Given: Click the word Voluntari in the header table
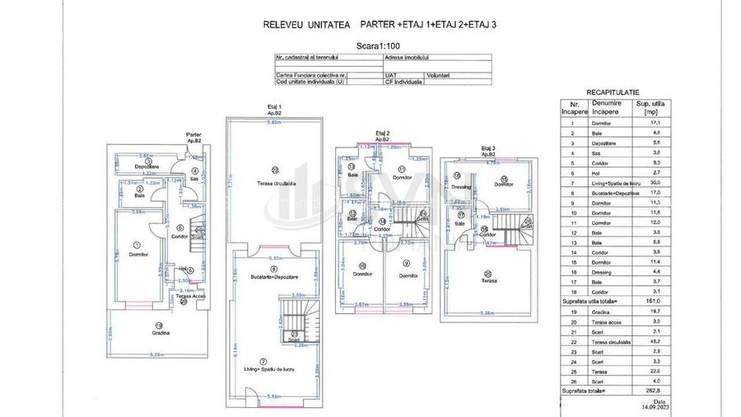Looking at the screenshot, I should point(438,75).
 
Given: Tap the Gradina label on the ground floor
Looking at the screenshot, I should point(161,333).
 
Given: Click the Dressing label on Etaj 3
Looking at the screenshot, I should point(461,186).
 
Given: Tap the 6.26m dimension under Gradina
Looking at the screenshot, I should point(161,354).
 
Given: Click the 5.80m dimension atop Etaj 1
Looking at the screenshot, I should point(275,122).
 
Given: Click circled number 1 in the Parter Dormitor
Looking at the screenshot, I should point(137,244).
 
